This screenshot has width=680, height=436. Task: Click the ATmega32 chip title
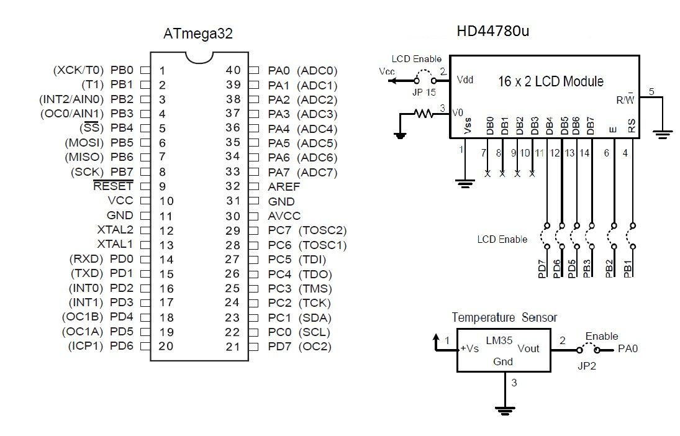pyautogui.click(x=198, y=34)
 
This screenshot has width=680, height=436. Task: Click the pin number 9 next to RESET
pyautogui.click(x=162, y=186)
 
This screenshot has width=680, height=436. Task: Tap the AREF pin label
pyautogui.click(x=284, y=186)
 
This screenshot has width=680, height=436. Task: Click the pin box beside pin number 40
pyautogui.click(x=253, y=71)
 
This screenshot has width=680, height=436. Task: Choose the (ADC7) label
pyautogui.click(x=317, y=172)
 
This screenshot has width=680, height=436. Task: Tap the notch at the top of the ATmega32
pyautogui.click(x=198, y=57)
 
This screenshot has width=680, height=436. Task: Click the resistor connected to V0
pyautogui.click(x=424, y=114)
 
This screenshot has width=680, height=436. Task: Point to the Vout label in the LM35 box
pyautogui.click(x=528, y=348)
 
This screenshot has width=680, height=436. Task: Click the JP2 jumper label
pyautogui.click(x=584, y=366)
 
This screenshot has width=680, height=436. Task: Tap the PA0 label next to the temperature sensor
pyautogui.click(x=628, y=349)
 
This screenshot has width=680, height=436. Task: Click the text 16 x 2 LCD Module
pyautogui.click(x=551, y=81)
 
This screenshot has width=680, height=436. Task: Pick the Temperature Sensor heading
pyautogui.click(x=504, y=317)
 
